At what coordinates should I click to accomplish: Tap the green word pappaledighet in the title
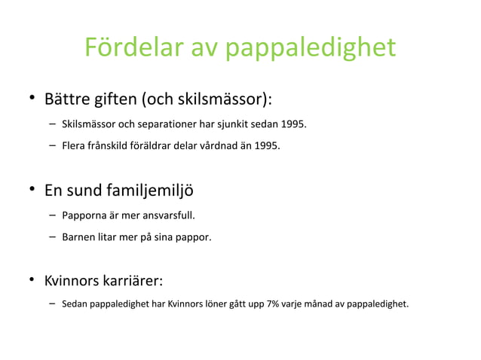(311, 48)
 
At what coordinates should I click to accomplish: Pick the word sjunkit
(234, 124)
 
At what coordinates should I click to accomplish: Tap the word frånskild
(109, 145)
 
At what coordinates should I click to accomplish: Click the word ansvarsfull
(165, 215)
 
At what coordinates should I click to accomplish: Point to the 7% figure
(274, 305)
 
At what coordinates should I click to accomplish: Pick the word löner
(213, 305)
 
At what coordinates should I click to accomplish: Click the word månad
(321, 305)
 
